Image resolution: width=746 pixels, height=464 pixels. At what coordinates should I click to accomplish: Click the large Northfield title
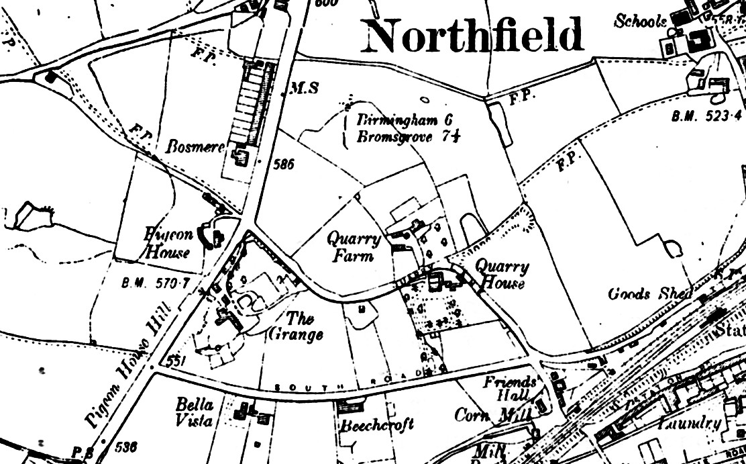pos(472,36)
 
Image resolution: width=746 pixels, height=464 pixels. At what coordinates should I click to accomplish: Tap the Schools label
pos(641,21)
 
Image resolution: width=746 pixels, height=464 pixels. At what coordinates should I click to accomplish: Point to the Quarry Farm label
pos(354,246)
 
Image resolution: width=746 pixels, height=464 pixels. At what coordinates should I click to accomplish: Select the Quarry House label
pos(501,274)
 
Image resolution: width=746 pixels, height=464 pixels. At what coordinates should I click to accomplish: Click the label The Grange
pos(297,326)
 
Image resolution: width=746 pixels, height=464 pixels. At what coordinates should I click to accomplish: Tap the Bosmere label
pos(195,146)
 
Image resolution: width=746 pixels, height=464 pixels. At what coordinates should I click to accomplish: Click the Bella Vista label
pos(195,412)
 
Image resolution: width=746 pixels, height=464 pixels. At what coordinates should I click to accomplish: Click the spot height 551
pos(176,361)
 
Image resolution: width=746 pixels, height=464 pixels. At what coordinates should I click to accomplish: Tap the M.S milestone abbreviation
pos(303,88)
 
